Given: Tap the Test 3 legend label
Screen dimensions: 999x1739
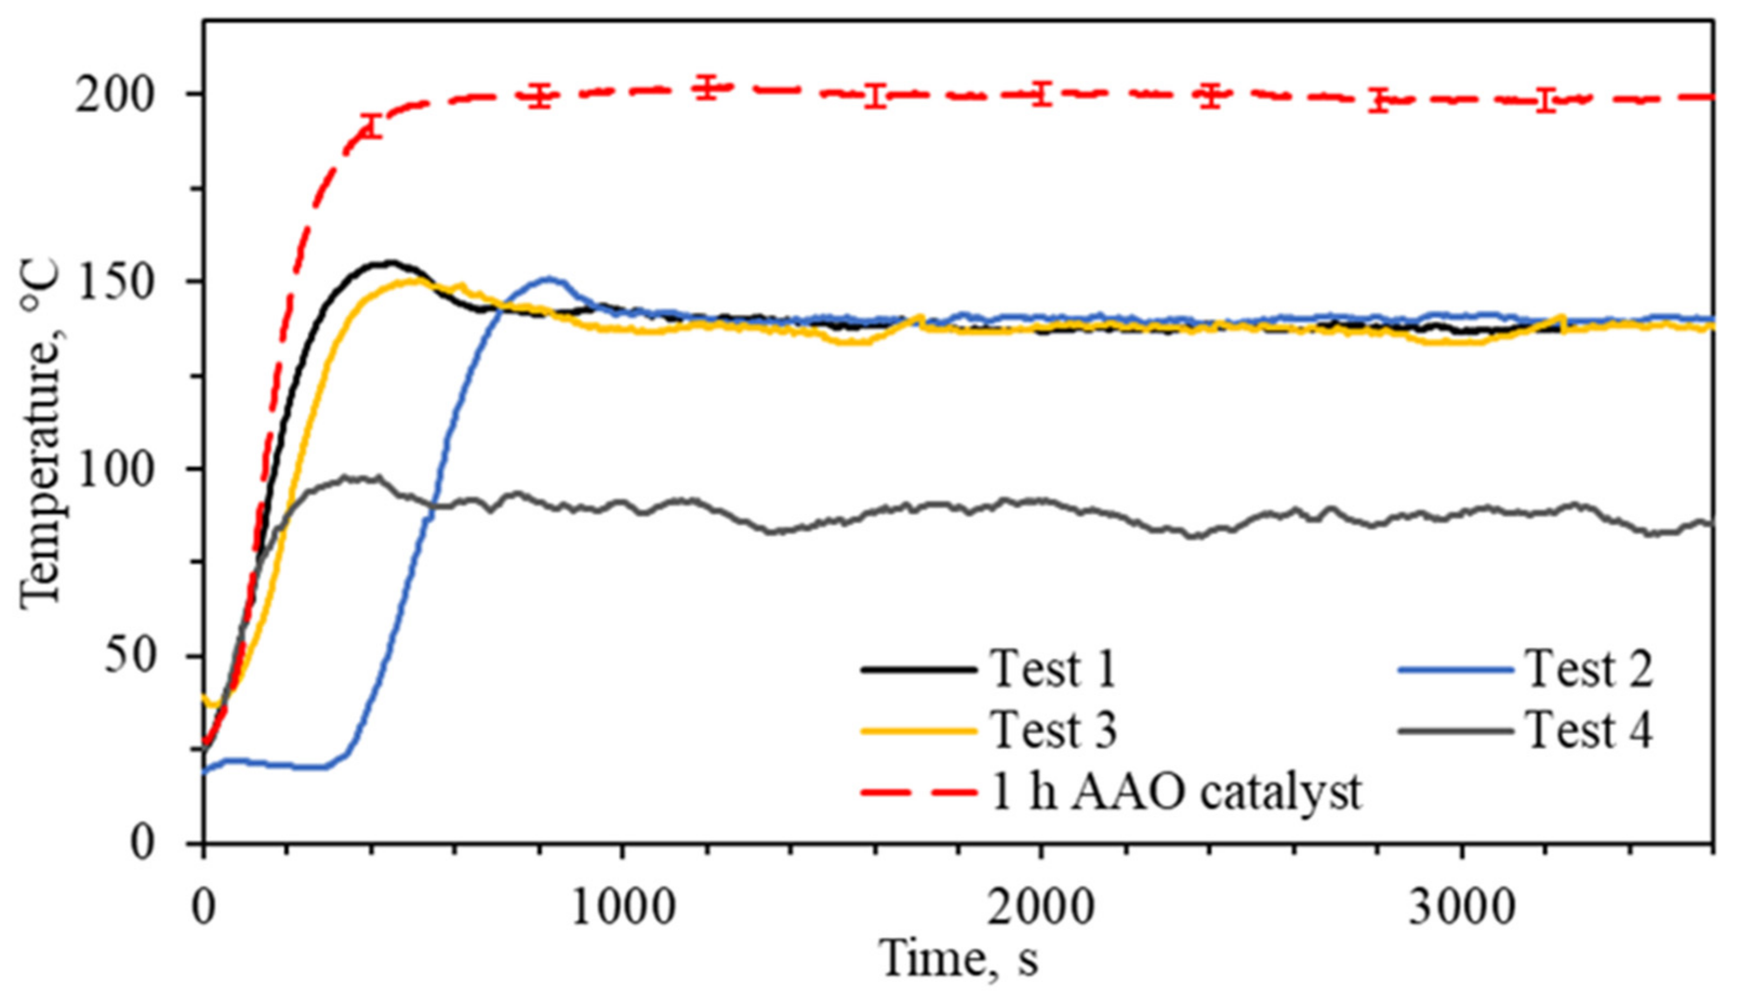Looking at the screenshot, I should point(1053,730).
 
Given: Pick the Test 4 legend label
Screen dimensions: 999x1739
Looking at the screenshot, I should point(1588,730).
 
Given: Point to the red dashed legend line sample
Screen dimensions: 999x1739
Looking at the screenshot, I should point(918,793).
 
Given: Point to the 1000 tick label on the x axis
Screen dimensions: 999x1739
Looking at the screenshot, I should point(622,908).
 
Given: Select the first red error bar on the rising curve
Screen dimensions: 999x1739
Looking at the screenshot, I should point(371,125).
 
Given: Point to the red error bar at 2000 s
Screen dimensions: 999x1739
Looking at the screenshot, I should point(1042,94).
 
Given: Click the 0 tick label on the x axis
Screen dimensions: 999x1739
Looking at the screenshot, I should point(203,908).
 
